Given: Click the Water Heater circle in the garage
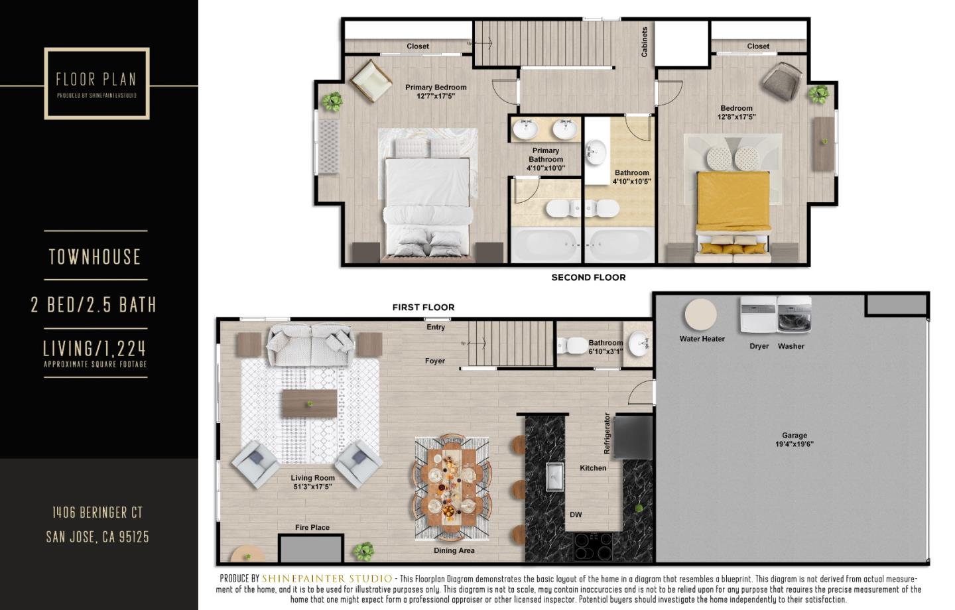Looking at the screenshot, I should (x=700, y=315).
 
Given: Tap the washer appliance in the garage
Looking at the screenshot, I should (x=794, y=316).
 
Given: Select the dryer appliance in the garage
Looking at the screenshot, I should (x=759, y=316).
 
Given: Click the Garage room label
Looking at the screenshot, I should (x=794, y=440).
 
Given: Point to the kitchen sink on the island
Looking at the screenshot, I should (x=554, y=477).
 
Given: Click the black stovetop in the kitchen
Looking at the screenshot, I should (x=593, y=546).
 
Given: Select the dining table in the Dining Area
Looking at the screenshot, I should (x=452, y=487).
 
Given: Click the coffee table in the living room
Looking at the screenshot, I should (x=309, y=402).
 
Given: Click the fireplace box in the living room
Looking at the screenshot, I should (x=310, y=549).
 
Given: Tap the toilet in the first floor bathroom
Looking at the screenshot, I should (x=570, y=345).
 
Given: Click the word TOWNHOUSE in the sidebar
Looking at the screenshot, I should (x=95, y=257).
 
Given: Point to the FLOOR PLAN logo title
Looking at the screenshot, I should (x=96, y=80).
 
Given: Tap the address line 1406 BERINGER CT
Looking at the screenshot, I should (x=97, y=513).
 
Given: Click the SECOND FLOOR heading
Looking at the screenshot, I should (x=588, y=277).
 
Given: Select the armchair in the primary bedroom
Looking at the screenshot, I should (x=370, y=80).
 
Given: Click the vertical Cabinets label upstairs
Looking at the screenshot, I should (x=644, y=42).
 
